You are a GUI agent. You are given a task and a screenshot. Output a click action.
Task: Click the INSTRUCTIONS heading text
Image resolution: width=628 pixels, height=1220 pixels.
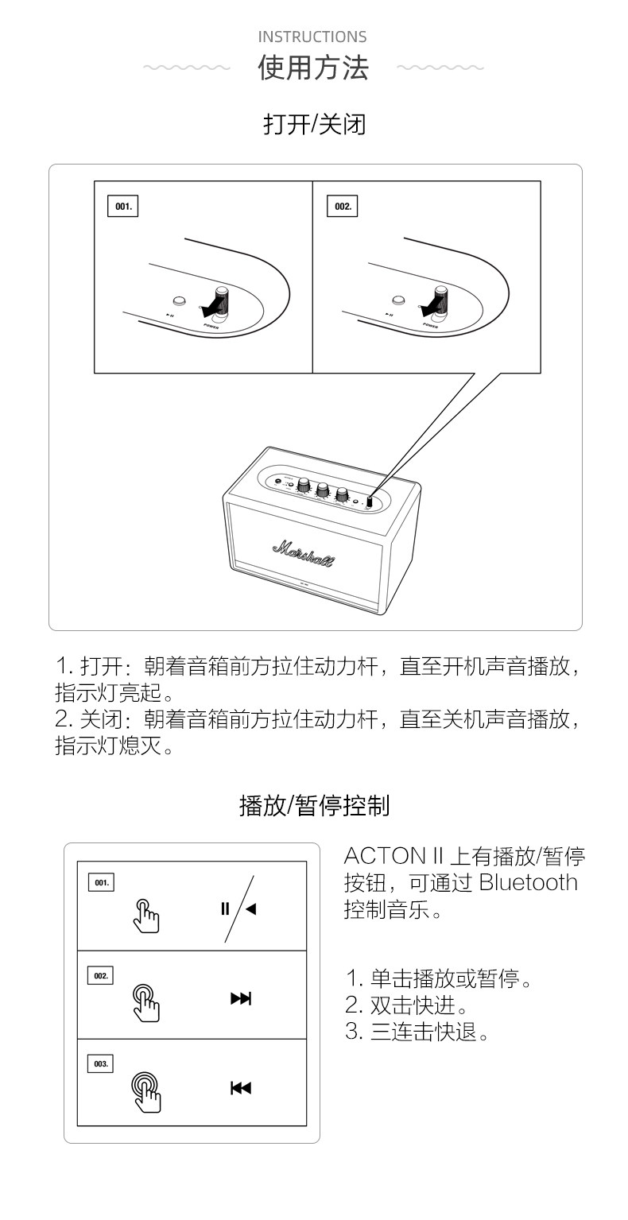(312, 37)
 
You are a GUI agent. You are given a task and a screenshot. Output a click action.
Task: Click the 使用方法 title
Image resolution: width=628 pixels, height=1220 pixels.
(313, 68)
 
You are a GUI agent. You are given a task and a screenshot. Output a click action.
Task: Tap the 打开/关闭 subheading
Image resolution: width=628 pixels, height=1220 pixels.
(314, 125)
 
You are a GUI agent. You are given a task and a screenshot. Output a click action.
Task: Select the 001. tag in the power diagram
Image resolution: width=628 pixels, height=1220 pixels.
(122, 207)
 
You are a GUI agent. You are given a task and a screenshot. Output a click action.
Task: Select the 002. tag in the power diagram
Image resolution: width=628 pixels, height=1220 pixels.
(342, 207)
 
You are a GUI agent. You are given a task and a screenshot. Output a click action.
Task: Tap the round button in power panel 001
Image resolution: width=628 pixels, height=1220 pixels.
(180, 300)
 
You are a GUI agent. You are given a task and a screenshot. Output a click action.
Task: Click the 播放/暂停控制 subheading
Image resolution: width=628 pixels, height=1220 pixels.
(314, 806)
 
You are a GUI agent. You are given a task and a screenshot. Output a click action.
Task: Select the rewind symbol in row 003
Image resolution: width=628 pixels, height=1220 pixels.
(240, 1088)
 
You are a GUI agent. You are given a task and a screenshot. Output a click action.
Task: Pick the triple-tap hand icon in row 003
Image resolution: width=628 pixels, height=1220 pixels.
(146, 1090)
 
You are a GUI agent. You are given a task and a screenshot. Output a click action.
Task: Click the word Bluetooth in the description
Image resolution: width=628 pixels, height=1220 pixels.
(528, 883)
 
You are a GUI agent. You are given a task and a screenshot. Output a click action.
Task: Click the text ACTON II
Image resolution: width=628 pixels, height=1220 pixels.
(393, 857)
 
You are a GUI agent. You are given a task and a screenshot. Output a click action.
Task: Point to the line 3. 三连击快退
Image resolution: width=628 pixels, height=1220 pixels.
(417, 1032)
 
